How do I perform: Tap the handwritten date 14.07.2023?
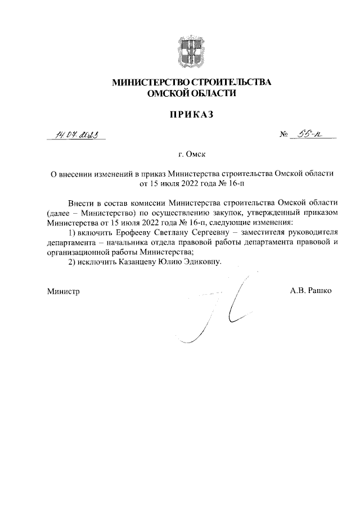click(x=76, y=134)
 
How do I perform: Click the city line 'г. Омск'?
click(x=191, y=154)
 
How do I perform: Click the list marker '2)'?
click(x=71, y=262)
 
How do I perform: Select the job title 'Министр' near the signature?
click(x=64, y=291)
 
